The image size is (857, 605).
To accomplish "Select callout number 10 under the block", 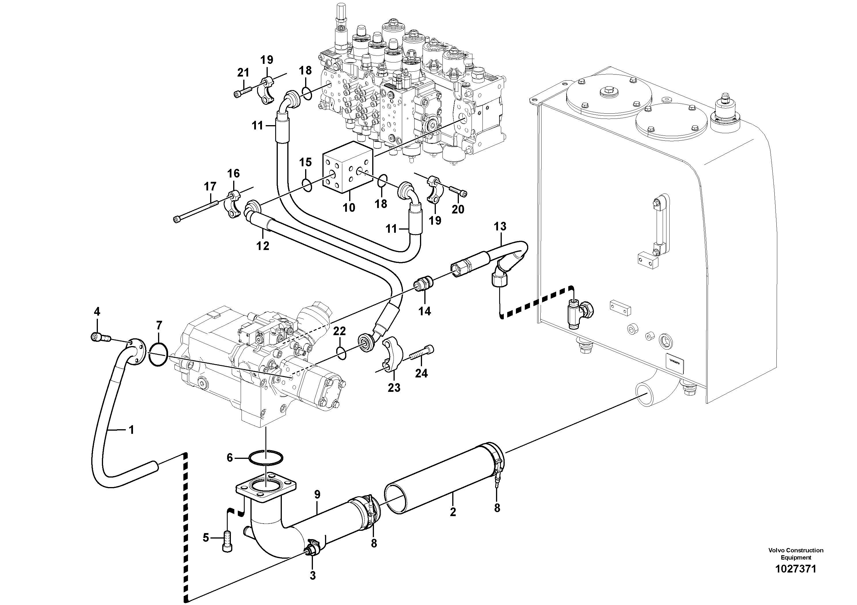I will pyautogui.click(x=349, y=207).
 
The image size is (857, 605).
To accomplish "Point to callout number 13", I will pyautogui.click(x=500, y=226).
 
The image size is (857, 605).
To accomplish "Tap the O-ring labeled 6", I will pyautogui.click(x=265, y=458).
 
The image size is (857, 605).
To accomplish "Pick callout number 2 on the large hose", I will pyautogui.click(x=453, y=512).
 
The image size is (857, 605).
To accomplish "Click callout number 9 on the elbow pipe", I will pyautogui.click(x=317, y=495).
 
